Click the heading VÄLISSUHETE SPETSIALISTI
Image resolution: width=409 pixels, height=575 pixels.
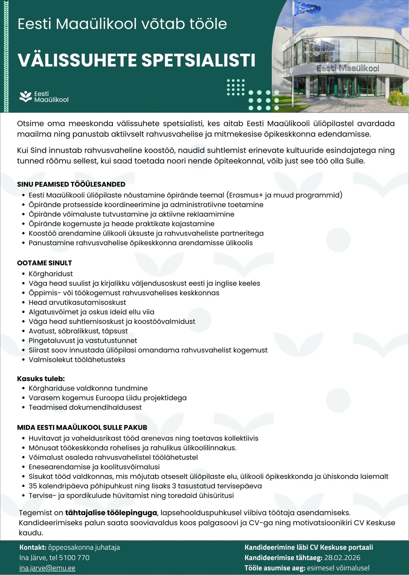pyautogui.click(x=136, y=60)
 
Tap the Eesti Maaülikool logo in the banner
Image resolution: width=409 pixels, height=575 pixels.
pyautogui.click(x=44, y=97)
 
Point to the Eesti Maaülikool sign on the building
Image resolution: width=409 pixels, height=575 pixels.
pyautogui.click(x=348, y=68)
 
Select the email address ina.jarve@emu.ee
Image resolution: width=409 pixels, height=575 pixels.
pyautogui.click(x=47, y=568)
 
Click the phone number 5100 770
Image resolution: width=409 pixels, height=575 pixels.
pyautogui.click(x=74, y=558)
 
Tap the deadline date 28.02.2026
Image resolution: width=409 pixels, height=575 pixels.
pyautogui.click(x=342, y=558)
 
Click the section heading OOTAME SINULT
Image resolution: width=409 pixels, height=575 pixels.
pyautogui.click(x=45, y=263)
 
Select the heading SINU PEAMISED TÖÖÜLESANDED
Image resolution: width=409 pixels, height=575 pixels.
pyautogui.click(x=71, y=184)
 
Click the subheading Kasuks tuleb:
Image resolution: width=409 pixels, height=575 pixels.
pyautogui.click(x=41, y=379)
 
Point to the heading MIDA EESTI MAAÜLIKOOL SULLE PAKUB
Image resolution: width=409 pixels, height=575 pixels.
pyautogui.click(x=82, y=427)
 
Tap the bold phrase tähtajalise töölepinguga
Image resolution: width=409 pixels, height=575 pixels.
pyautogui.click(x=111, y=513)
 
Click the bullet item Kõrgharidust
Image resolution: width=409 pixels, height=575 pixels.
pyautogui.click(x=51, y=274)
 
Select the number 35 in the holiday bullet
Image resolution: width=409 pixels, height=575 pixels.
pyautogui.click(x=33, y=486)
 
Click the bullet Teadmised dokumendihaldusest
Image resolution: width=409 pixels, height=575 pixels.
pyautogui.click(x=85, y=407)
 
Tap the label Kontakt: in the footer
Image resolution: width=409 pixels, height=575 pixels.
pyautogui.click(x=33, y=547)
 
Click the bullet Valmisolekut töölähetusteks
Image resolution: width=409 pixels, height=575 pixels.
pyautogui.click(x=77, y=359)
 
